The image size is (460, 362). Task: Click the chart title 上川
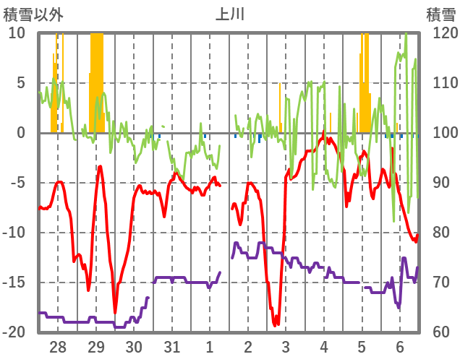tap(230, 14)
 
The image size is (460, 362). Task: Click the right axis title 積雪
tap(440, 14)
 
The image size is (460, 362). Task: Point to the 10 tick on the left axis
tap(17, 33)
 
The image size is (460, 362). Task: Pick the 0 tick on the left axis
tap(21, 133)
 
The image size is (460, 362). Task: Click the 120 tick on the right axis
tap(441, 33)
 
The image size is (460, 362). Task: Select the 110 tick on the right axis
tap(441, 83)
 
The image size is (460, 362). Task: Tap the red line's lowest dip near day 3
tap(276, 324)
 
